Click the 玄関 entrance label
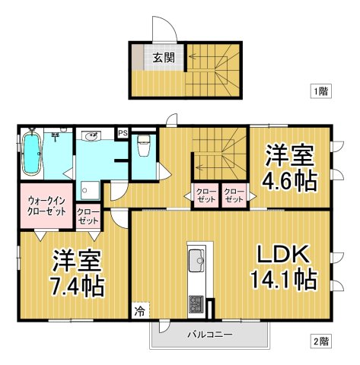[x=164, y=58]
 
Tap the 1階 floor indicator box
[x=320, y=91]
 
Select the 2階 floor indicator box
[x=320, y=341]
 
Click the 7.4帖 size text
[x=78, y=286]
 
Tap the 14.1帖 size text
[x=283, y=280]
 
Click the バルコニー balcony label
[x=210, y=334]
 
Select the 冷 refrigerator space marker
[x=140, y=310]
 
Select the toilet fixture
[x=143, y=145]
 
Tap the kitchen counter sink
[x=196, y=259]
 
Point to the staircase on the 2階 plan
[x=221, y=152]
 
